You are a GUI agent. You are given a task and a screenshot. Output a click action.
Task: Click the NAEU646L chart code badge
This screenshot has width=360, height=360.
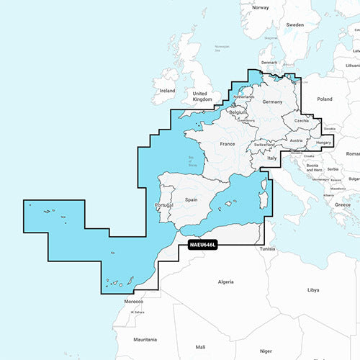208,246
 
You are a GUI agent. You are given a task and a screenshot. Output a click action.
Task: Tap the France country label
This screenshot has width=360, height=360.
228,144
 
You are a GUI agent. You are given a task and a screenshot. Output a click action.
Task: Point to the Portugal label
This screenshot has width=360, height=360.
163,206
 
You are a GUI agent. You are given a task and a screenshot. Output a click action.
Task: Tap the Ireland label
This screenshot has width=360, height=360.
167,91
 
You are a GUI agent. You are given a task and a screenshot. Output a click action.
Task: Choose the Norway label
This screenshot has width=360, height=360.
260,8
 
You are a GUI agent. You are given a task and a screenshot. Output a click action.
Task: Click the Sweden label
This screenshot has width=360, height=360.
295,24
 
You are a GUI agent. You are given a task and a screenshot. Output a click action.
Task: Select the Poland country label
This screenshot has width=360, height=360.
325,99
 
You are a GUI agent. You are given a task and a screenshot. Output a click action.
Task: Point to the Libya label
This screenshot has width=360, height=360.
312,290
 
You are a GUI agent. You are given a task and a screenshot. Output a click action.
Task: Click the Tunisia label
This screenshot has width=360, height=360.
268,248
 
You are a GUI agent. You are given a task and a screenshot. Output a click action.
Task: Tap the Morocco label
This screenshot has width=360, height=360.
134,301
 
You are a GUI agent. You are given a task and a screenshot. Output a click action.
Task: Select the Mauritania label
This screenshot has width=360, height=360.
145,338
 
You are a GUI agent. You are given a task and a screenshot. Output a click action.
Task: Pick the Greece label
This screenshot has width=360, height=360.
343,204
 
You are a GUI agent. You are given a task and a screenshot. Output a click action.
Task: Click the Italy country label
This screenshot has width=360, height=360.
272,158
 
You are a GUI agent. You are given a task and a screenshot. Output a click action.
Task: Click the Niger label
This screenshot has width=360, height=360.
266,351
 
